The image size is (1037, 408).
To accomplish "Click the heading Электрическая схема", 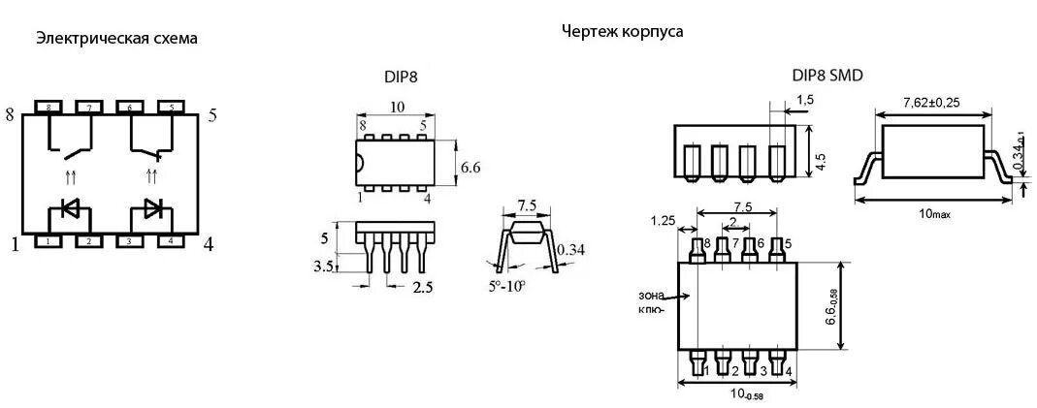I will point(116,39).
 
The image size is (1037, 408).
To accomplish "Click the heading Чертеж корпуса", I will point(622,31).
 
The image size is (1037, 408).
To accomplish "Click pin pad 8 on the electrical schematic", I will point(49,107).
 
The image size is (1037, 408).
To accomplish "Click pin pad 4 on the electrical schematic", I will point(171,240).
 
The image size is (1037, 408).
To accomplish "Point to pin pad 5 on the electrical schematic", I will point(171,107).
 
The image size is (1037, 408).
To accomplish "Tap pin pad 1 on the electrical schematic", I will point(49,240).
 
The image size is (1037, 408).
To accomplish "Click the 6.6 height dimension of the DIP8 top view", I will point(470,167).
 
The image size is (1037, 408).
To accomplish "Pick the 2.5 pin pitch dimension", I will point(423,288).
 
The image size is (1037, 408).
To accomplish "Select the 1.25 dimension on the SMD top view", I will point(664,221).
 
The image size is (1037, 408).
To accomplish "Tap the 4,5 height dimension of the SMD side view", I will point(821,161).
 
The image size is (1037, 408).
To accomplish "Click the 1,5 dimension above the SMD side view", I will point(804,100).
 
